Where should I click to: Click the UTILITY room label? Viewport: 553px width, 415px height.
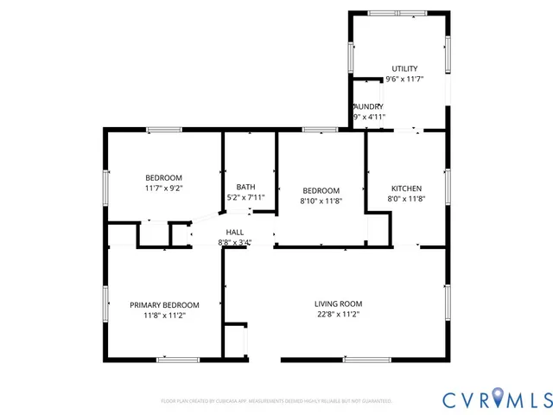point(404,68)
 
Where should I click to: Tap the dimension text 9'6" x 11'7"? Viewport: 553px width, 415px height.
point(404,80)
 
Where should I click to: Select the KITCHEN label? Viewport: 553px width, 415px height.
point(406,188)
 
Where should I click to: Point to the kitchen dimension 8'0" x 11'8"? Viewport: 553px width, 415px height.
point(406,199)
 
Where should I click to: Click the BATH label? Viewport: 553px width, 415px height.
point(245,187)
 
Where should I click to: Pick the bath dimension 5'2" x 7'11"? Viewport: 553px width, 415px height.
point(245,198)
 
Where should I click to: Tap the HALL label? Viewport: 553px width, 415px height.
point(234,232)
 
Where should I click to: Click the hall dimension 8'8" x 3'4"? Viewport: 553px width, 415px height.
point(234,243)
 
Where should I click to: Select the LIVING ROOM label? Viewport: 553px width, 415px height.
point(338,303)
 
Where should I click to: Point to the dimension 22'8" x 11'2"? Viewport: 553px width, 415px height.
point(338,315)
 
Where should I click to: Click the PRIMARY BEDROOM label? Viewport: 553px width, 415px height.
point(164,304)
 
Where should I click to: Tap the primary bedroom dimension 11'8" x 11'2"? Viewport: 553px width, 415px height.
point(164,316)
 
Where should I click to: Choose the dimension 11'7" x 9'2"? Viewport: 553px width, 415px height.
point(163,188)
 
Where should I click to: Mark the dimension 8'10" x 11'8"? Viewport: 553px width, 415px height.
point(321,201)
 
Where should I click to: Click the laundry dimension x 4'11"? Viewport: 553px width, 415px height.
point(370,117)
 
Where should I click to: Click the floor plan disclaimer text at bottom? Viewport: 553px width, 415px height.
point(276,401)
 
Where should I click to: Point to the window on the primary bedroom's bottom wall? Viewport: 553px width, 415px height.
point(178,359)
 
